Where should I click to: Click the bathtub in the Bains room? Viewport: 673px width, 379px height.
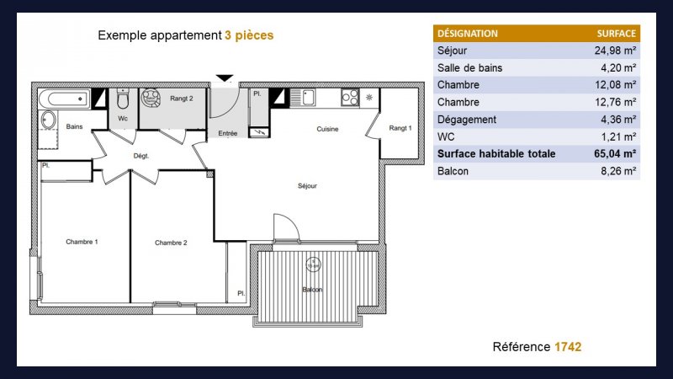click(x=65, y=99)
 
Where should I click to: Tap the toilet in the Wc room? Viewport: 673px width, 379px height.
click(x=123, y=99)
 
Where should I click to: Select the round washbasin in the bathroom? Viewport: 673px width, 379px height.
click(x=48, y=120)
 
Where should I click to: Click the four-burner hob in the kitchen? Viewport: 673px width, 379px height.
click(x=350, y=97)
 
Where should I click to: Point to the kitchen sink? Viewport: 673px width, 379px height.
click(x=303, y=97)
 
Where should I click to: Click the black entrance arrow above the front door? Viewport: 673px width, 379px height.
click(x=225, y=77)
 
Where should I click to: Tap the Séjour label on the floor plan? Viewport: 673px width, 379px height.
click(x=307, y=185)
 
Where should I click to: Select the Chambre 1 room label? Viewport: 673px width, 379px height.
click(x=82, y=242)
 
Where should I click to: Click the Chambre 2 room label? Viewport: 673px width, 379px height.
click(x=171, y=243)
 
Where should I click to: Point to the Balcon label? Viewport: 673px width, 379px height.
click(x=312, y=289)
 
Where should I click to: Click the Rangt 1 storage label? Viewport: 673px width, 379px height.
click(x=400, y=128)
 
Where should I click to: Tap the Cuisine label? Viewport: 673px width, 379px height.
click(x=327, y=129)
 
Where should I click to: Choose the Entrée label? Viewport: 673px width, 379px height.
click(x=227, y=133)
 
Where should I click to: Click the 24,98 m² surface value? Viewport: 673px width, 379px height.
click(x=615, y=51)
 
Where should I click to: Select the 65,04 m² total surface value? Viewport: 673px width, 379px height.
click(x=615, y=153)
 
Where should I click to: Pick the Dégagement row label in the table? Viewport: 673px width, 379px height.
click(x=467, y=120)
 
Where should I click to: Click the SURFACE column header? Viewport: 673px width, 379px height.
click(x=617, y=34)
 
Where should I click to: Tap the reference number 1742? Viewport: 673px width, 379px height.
click(x=568, y=347)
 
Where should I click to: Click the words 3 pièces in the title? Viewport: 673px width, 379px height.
click(x=249, y=35)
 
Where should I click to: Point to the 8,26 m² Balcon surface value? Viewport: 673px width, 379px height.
click(x=618, y=171)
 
